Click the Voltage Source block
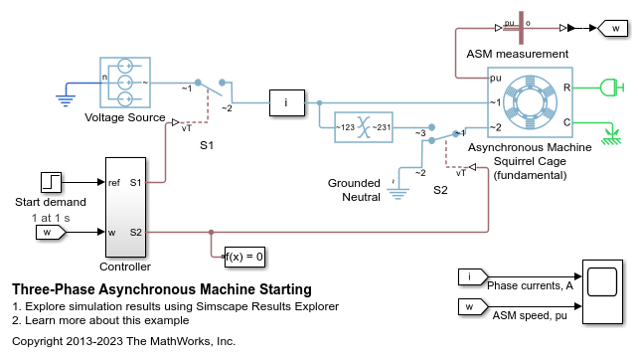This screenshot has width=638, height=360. pyautogui.click(x=125, y=83)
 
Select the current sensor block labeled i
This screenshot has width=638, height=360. pyautogui.click(x=287, y=103)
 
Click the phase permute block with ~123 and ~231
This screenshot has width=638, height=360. pyautogui.click(x=364, y=127)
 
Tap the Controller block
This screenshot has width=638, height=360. pyautogui.click(x=125, y=207)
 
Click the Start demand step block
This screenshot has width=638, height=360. pyautogui.click(x=51, y=182)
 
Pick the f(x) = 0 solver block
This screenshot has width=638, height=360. pyautogui.click(x=244, y=257)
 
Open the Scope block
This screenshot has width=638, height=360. pyautogui.click(x=602, y=291)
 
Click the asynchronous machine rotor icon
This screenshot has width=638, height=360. pyautogui.click(x=530, y=101)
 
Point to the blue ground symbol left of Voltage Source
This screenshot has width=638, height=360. pyautogui.click(x=66, y=99)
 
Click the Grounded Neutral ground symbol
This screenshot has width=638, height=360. pyautogui.click(x=399, y=193)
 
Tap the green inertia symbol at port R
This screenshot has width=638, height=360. pyautogui.click(x=612, y=88)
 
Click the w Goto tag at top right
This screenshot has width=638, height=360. pyautogui.click(x=613, y=29)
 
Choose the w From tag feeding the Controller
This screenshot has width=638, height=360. pyautogui.click(x=51, y=233)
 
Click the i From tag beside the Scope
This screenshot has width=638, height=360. pyautogui.click(x=473, y=276)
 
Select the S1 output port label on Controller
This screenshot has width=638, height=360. pyautogui.click(x=135, y=182)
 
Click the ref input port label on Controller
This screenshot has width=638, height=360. pyautogui.click(x=114, y=182)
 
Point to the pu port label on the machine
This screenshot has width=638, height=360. pyautogui.click(x=496, y=78)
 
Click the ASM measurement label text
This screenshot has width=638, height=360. pyautogui.click(x=517, y=54)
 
